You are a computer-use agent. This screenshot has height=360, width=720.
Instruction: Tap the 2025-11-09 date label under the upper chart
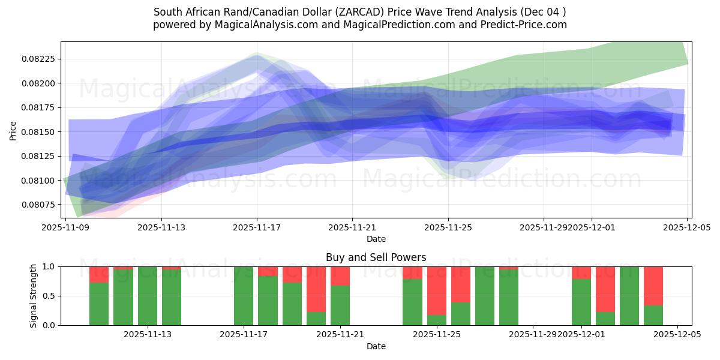point(65,227)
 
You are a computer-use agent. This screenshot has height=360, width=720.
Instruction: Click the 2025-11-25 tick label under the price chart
point(448,227)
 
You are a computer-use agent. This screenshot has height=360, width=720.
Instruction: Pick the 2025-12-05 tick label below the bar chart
point(677,335)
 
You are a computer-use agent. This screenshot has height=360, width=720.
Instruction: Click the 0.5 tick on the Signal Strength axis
point(49,296)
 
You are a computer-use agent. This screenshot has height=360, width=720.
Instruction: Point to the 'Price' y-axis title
point(13,130)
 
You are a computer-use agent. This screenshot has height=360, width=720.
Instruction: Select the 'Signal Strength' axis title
point(34,296)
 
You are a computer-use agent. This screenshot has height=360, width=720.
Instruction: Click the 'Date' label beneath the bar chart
point(376,346)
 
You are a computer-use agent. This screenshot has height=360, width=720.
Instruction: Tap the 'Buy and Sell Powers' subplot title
point(376,257)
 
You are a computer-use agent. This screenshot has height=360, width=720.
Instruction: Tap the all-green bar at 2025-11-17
point(244,296)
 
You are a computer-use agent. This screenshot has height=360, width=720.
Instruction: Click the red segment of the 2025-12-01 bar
point(581,272)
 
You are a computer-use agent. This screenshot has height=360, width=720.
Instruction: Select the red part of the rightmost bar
point(653,286)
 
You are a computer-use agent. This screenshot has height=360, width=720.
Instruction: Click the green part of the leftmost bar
point(99,304)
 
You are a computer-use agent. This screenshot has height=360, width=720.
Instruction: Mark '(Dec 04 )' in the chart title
point(544,12)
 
